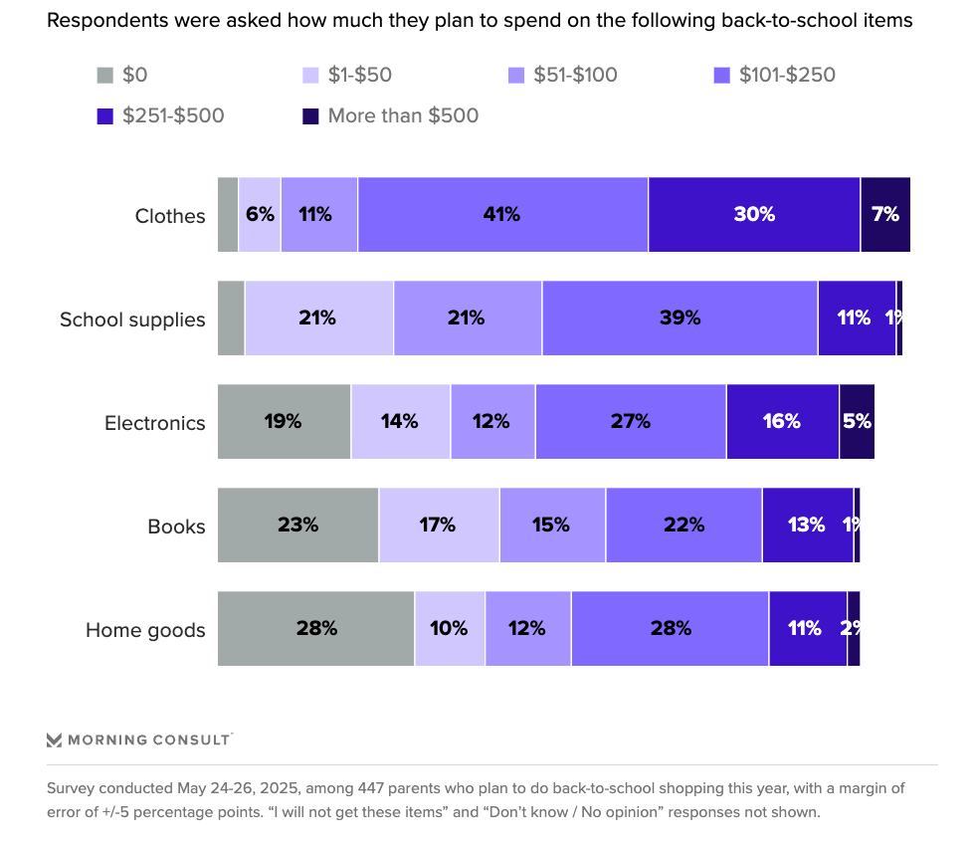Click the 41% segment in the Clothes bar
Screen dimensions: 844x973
click(502, 214)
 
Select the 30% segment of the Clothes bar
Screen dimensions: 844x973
click(753, 214)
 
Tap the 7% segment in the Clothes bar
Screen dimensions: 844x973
click(884, 214)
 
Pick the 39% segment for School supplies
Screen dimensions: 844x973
click(680, 317)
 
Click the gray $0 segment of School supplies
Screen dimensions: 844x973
click(231, 317)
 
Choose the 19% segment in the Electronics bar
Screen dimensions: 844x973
click(284, 421)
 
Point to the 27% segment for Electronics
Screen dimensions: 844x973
click(630, 421)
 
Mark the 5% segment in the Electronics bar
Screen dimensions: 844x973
click(856, 421)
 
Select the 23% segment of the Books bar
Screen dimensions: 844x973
click(297, 525)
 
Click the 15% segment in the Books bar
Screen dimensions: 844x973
click(551, 525)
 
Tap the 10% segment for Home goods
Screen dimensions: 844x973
click(449, 628)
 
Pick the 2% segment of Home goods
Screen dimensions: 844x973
click(853, 628)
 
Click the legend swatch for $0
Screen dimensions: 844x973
click(104, 75)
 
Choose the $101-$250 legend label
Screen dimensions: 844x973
click(787, 75)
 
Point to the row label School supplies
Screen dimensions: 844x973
click(132, 319)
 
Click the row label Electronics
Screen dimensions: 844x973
click(155, 423)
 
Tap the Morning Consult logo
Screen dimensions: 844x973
click(139, 739)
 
